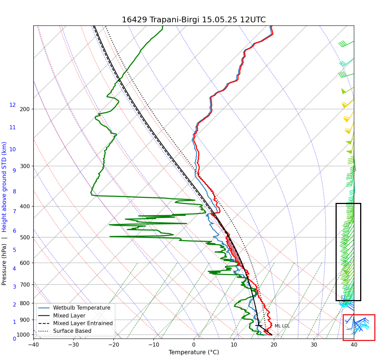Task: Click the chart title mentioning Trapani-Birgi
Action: click(194, 20)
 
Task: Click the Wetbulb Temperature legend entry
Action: click(82, 308)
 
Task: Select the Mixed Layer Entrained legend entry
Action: click(83, 323)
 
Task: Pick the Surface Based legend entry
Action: click(72, 331)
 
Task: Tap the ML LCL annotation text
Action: click(282, 326)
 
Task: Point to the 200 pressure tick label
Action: click(25, 109)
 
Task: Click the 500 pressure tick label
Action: click(25, 238)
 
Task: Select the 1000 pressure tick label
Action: click(23, 335)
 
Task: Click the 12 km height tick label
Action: click(13, 105)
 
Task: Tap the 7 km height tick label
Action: click(14, 211)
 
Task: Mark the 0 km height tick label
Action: click(14, 339)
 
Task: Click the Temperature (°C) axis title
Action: click(194, 352)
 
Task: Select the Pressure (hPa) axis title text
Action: click(4, 264)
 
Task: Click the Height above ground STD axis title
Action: click(4, 186)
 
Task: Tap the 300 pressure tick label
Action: click(25, 166)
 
